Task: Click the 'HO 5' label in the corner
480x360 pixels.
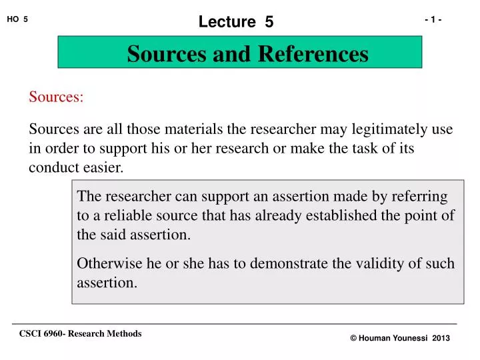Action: click(17, 19)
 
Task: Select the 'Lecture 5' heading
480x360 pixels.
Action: click(236, 21)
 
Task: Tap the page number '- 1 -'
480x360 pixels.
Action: click(433, 19)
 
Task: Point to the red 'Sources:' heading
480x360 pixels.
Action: click(56, 97)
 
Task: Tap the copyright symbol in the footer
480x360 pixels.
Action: click(353, 339)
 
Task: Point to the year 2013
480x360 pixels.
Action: click(441, 339)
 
